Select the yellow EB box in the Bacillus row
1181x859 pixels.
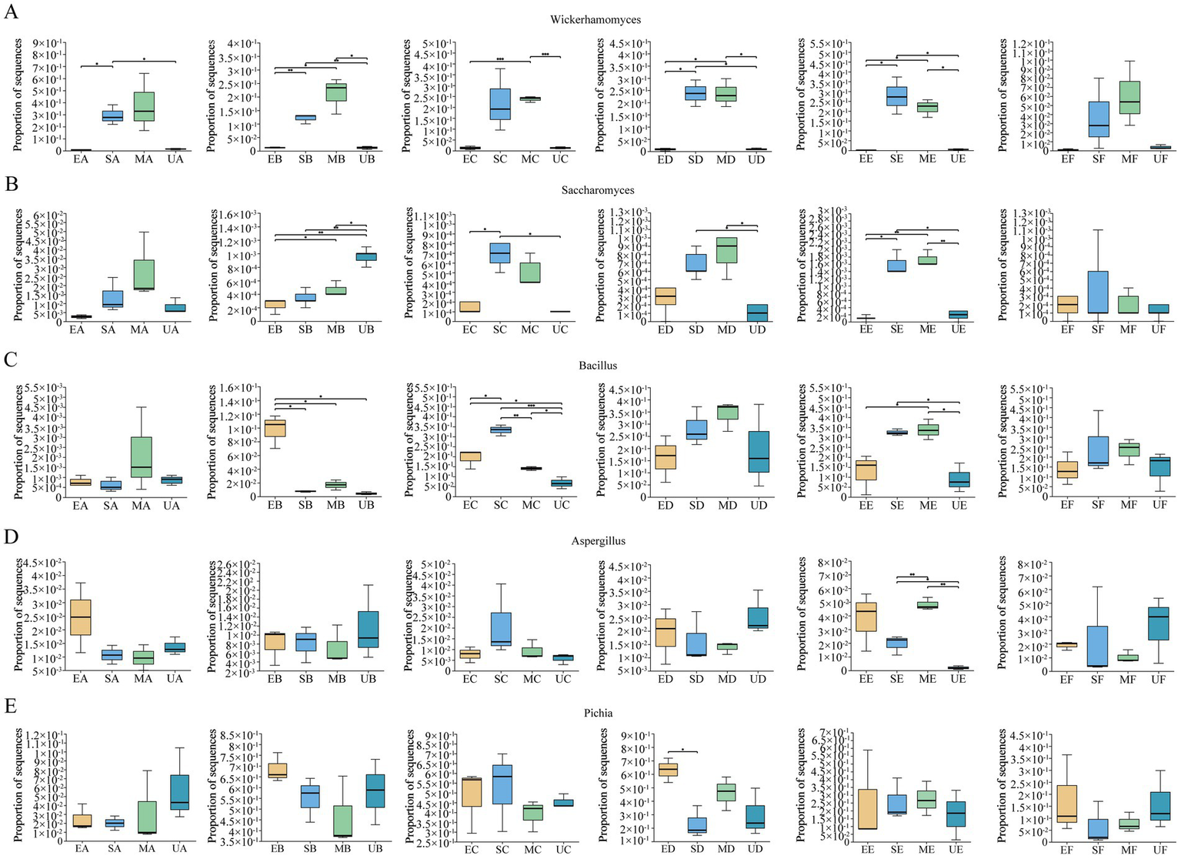(x=275, y=428)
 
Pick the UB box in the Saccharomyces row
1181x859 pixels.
(x=366, y=256)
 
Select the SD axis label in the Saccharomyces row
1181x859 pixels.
(x=696, y=329)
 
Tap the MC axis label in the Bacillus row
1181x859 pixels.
(x=531, y=505)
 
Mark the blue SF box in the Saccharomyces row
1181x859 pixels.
(x=1098, y=292)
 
